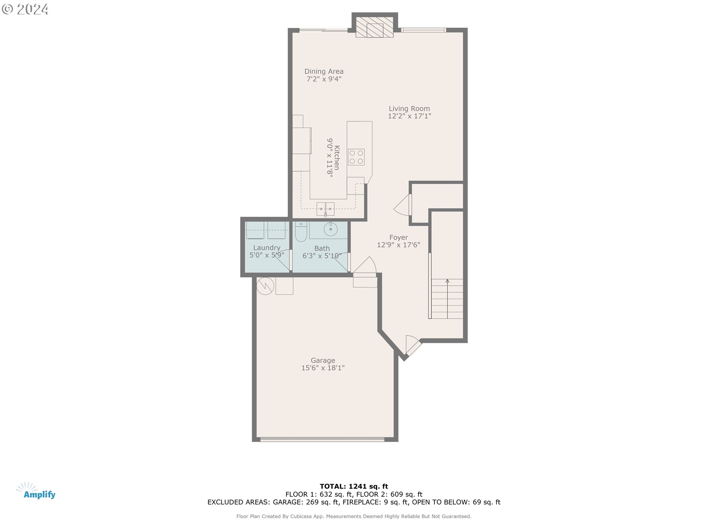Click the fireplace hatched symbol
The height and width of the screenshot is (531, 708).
point(374,27)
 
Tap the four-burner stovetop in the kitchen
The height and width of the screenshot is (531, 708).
point(356,157)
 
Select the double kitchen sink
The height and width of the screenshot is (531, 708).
point(325,209)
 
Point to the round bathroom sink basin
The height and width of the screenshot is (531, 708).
point(330,229)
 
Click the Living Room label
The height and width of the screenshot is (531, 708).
point(409,108)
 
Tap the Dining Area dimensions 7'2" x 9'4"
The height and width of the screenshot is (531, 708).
point(324,79)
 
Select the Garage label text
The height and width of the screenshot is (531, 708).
point(323,360)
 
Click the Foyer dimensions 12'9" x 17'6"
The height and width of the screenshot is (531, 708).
point(398,245)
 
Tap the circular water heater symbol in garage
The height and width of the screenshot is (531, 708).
point(265,286)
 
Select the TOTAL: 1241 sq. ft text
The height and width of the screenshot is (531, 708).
point(354,486)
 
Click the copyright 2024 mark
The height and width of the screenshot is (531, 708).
point(25,9)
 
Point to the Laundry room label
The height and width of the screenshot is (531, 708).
point(267,248)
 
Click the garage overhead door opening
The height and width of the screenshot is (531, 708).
point(322,439)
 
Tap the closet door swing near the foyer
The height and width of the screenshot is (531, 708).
point(403,206)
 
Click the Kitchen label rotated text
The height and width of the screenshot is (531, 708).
point(337,158)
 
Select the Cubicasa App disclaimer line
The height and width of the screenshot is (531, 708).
point(354,517)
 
